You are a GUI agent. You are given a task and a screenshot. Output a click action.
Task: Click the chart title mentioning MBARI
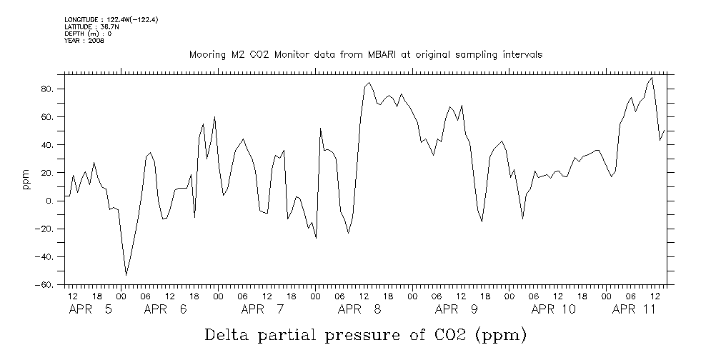(365, 54)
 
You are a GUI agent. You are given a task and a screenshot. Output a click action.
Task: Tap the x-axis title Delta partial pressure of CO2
(365, 334)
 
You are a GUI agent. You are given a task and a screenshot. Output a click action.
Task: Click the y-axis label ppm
(26, 179)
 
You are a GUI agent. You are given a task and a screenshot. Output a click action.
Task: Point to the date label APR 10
(554, 309)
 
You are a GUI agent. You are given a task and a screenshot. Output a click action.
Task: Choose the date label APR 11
(636, 309)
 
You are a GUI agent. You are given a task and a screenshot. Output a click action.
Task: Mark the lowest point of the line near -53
(126, 275)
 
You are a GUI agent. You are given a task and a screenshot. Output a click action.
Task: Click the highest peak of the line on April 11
(652, 78)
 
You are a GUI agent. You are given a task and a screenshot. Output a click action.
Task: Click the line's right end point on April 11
(665, 130)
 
